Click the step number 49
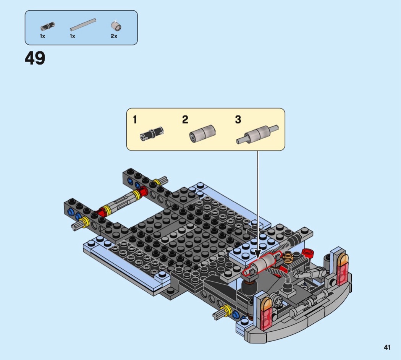[35, 58]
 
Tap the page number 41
[387, 347]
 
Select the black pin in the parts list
[48, 26]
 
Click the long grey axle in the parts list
[83, 24]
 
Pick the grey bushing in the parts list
[116, 26]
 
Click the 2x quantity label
[114, 36]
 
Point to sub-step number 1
[135, 120]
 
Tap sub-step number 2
[185, 120]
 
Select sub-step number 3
[238, 120]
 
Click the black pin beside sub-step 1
[152, 133]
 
